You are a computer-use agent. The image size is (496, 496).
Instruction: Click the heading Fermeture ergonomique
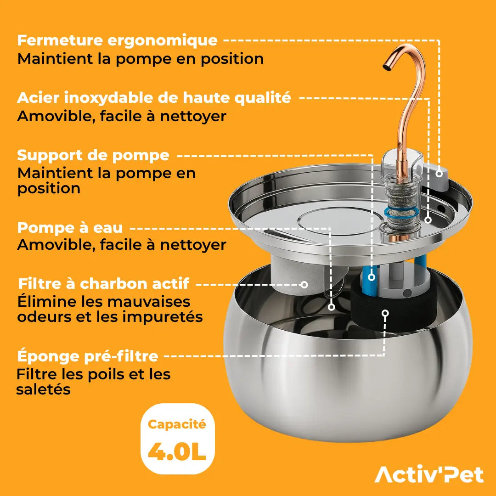tap(117, 40)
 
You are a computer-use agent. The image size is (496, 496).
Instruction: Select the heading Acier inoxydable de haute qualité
tap(154, 98)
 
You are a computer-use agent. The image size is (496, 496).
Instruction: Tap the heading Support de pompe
tap(93, 155)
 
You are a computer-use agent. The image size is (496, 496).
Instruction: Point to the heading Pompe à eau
tap(70, 228)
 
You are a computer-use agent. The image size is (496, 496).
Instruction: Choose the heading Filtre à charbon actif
tap(103, 284)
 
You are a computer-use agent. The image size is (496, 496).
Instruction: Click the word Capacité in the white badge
tap(177, 424)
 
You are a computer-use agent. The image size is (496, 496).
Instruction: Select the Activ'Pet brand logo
tap(429, 474)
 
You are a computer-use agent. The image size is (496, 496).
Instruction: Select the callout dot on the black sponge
tap(385, 313)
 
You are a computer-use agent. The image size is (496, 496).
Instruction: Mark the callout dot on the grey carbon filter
tap(304, 285)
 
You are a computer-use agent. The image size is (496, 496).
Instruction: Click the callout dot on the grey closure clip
tap(440, 174)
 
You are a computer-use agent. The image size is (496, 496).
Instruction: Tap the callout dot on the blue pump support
tap(371, 277)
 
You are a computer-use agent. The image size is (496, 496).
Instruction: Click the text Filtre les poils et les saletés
tap(93, 382)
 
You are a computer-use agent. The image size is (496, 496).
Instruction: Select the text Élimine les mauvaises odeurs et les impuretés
tap(110, 309)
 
